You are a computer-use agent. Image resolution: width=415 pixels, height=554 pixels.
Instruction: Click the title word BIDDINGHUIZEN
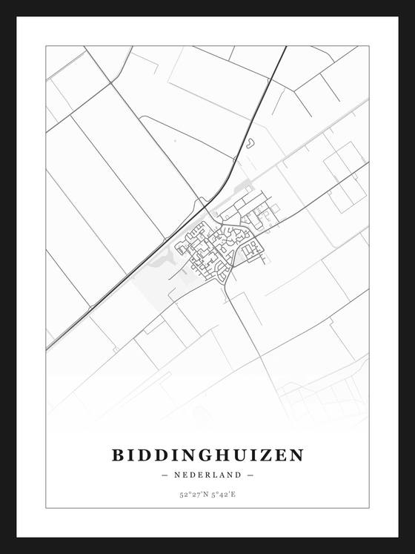pos(207,455)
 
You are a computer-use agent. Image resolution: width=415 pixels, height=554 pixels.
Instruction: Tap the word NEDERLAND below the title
pos(207,475)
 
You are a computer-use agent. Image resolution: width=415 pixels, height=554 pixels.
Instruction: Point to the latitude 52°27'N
pos(193,493)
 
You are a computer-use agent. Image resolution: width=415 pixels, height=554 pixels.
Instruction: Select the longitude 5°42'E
pos(223,493)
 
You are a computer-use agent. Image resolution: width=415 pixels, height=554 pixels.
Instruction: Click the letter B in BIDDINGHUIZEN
pos(118,455)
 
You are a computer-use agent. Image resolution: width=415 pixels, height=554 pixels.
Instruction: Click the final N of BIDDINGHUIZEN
pos(296,455)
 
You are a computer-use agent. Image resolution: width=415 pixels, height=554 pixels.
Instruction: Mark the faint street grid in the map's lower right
pos(326,397)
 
